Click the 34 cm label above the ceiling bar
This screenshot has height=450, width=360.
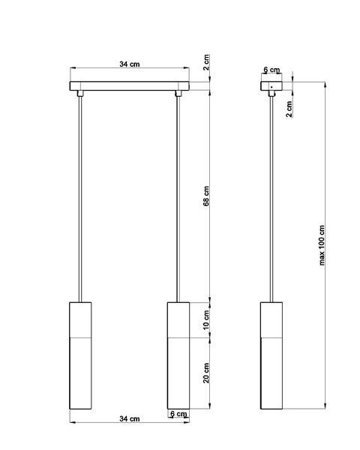click(x=129, y=64)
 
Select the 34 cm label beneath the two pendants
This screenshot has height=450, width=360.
click(x=129, y=418)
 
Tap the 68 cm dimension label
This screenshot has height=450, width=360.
click(x=206, y=196)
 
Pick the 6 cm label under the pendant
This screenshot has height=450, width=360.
click(x=178, y=414)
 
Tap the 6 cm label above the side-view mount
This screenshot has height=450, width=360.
click(x=271, y=70)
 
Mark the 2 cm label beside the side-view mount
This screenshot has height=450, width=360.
click(x=289, y=109)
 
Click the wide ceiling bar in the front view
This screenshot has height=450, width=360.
click(x=129, y=84)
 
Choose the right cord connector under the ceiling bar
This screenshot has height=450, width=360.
click(x=178, y=94)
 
